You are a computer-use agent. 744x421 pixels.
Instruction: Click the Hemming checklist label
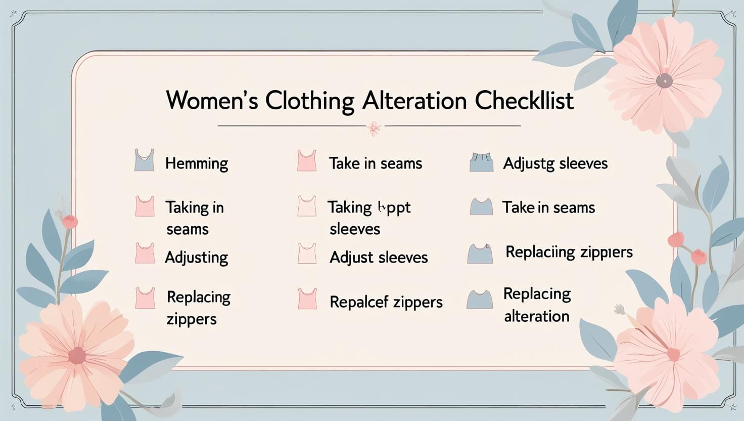coord(197,163)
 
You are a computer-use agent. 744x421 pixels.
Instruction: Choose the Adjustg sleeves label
coord(555,163)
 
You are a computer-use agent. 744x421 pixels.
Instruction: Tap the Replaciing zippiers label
coord(569,251)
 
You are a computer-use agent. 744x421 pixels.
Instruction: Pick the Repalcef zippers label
coord(386,302)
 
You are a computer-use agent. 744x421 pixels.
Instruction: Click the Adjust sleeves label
coord(378,257)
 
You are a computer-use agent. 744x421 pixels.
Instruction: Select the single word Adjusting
coord(196,257)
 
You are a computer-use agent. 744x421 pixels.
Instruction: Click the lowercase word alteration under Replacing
coord(536,316)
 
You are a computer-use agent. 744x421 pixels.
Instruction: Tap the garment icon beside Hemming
coord(144,160)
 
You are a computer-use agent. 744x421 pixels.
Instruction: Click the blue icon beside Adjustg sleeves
coord(481,162)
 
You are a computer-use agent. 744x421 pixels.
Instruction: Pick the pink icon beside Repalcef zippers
coord(307,299)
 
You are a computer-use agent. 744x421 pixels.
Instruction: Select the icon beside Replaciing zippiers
coord(480,254)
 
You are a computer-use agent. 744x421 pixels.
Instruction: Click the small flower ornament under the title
coord(374,128)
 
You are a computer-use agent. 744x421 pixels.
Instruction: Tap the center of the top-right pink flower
coord(664,80)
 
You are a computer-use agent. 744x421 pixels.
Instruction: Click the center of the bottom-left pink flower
coord(77,355)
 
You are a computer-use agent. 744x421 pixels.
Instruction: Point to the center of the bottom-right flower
coord(673,355)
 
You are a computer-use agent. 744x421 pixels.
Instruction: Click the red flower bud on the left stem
coord(70,221)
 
